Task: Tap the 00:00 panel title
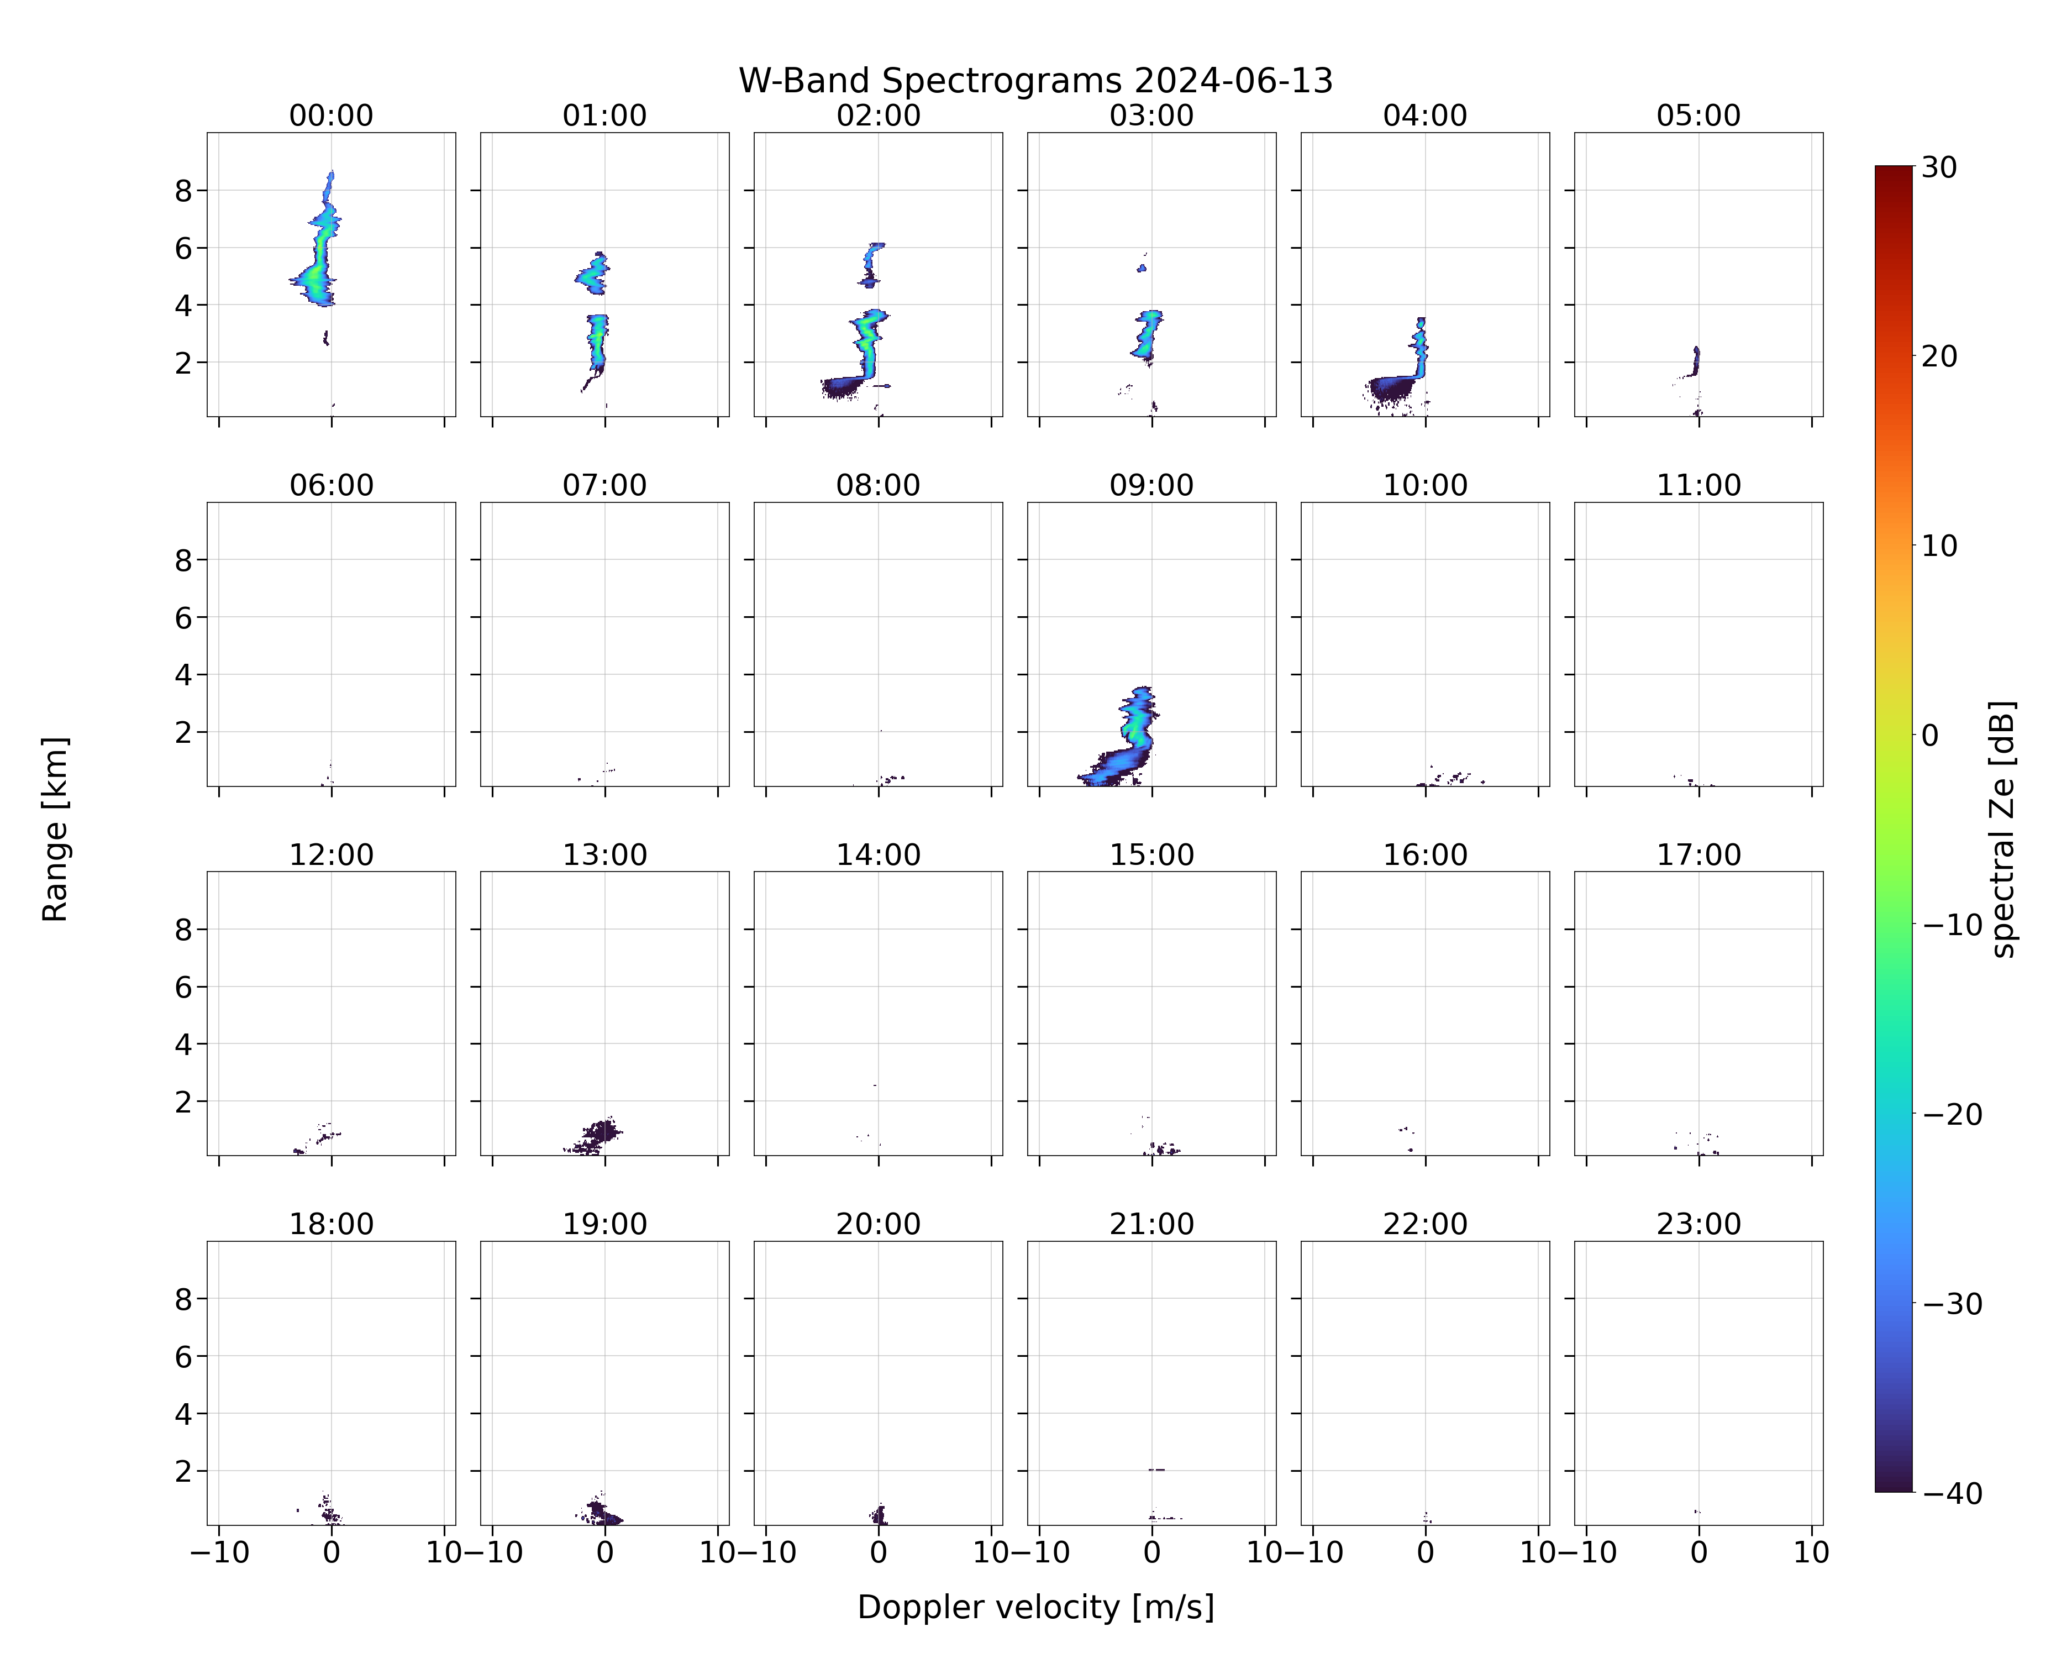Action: [x=332, y=116]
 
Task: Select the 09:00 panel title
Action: [x=1151, y=485]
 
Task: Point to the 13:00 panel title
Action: [x=604, y=854]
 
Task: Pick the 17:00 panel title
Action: [x=1698, y=854]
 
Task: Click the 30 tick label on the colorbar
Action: [x=1939, y=167]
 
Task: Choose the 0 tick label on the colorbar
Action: [x=1931, y=735]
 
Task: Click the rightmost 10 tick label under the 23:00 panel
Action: [x=1812, y=1552]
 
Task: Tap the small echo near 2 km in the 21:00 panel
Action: [x=1156, y=1470]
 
